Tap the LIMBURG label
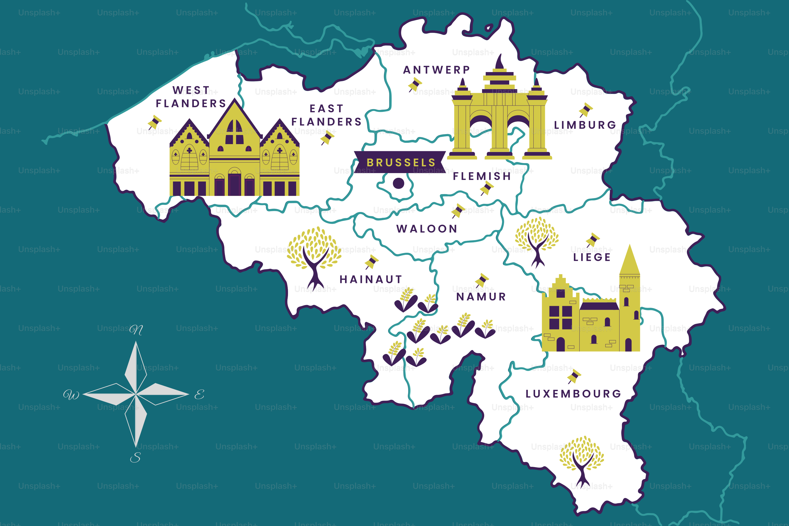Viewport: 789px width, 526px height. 585,125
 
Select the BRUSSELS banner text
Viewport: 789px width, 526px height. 401,163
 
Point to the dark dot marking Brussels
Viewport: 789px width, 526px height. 398,183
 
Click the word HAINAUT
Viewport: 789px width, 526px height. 371,279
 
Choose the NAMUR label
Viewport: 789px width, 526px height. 481,297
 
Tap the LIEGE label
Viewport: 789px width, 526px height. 592,257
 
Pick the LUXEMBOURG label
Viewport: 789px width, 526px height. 573,394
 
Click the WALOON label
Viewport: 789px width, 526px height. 427,229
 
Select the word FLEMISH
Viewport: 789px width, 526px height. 482,176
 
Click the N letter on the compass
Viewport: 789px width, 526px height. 136,330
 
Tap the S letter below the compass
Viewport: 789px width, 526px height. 135,458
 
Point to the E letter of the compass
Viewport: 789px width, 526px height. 199,394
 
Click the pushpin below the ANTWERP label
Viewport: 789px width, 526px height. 415,84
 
